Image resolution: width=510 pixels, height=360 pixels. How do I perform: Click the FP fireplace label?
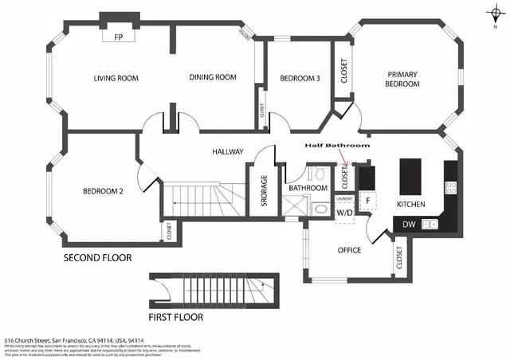(118, 37)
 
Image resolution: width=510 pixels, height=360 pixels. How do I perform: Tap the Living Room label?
(116, 78)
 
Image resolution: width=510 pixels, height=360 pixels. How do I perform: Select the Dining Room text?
(214, 77)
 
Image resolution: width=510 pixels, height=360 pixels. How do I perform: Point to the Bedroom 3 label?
(300, 78)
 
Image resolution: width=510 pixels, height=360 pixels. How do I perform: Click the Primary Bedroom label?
(402, 79)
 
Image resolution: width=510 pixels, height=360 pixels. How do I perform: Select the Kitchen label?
(411, 205)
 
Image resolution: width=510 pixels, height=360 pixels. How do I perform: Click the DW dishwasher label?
(408, 225)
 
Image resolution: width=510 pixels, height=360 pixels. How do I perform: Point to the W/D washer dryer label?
(345, 213)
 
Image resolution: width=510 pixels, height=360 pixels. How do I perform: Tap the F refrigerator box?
(368, 202)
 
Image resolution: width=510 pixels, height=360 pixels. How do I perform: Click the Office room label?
(349, 250)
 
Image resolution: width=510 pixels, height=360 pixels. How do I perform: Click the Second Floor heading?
(97, 258)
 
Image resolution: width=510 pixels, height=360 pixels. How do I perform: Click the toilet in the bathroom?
(318, 174)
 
